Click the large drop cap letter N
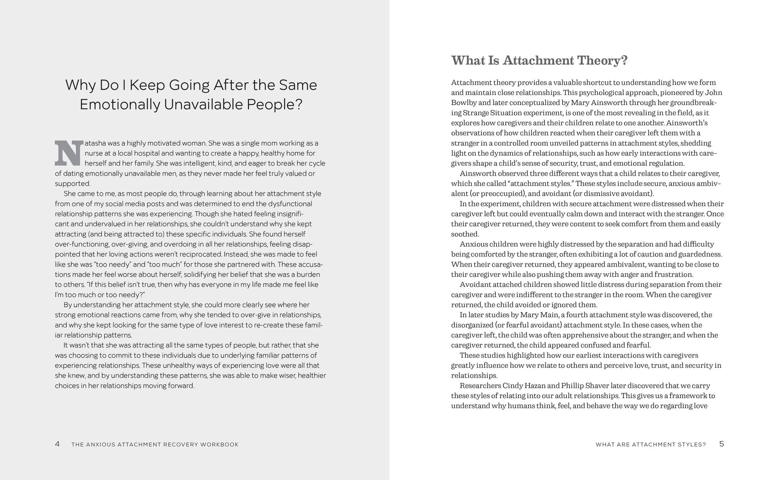pos(69,153)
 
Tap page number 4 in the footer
pos(57,444)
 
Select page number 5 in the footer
pos(721,444)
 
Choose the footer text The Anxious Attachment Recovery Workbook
pos(155,445)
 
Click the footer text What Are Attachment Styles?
pos(650,445)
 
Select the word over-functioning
pos(82,244)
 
